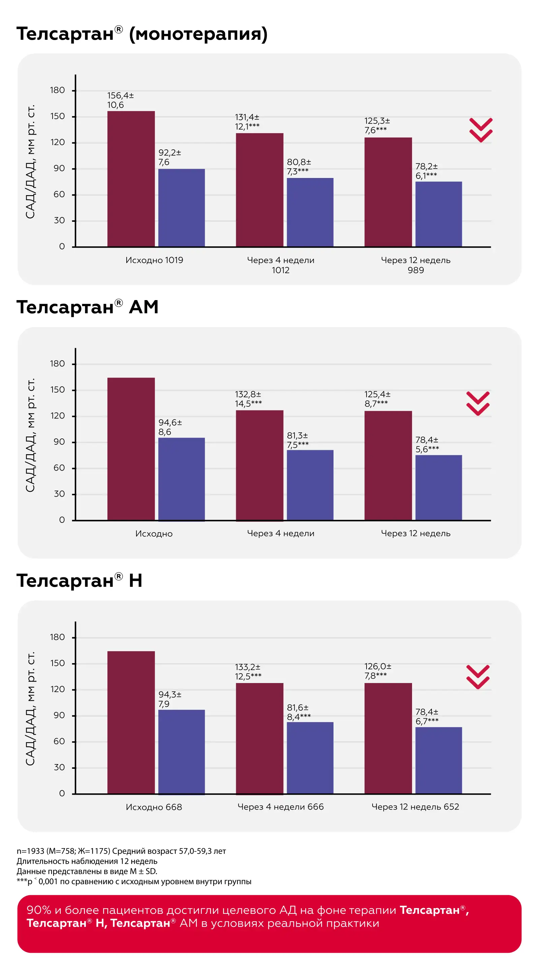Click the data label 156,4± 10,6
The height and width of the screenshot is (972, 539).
121,100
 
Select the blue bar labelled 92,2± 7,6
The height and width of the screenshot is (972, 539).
181,208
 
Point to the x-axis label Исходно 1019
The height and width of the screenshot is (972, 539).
154,260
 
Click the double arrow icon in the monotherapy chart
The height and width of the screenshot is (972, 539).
480,130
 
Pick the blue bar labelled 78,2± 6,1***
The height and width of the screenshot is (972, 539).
439,214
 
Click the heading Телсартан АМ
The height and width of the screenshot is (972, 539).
87,307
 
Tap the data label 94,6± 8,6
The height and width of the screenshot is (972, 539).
170,427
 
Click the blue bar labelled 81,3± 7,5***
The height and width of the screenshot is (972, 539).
310,485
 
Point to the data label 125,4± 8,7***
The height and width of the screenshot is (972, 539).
377,399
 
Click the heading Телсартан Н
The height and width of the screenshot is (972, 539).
79,580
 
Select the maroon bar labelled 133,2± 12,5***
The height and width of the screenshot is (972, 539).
259,738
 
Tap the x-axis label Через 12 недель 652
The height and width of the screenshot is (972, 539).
415,807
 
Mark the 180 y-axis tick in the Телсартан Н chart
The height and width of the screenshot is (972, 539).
57,637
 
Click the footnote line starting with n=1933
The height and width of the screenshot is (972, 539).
121,851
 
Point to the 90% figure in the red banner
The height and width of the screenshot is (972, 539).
39,910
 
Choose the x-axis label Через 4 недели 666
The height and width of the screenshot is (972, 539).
281,807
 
